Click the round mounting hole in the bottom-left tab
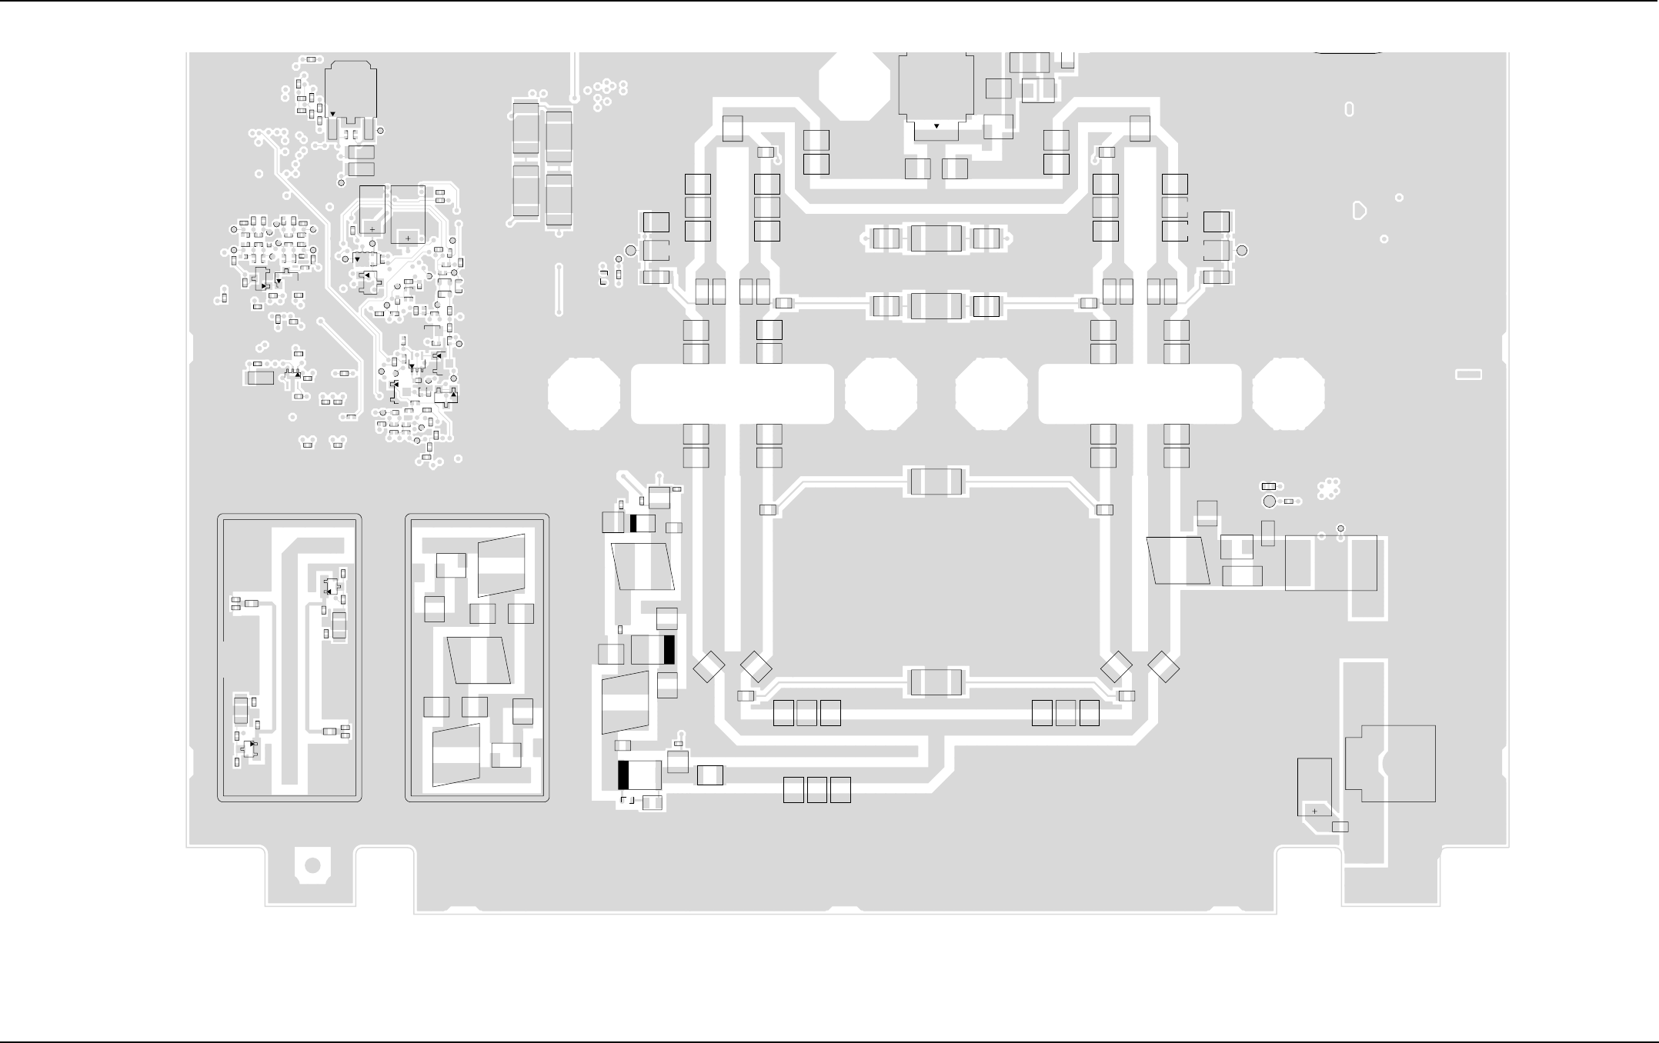point(312,865)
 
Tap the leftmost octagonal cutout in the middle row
point(584,393)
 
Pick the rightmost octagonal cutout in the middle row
point(1288,393)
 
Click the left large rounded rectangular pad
point(732,394)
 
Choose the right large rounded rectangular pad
point(1140,394)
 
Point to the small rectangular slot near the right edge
point(1468,375)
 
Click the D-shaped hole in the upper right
point(1360,210)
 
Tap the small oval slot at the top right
point(1349,109)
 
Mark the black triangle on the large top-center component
point(936,125)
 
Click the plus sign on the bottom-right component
point(1315,811)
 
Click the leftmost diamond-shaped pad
point(709,667)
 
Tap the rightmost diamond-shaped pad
point(1163,667)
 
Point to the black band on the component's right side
point(669,650)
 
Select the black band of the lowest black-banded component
point(623,775)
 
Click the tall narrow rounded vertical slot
point(559,289)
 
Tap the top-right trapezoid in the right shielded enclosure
point(502,565)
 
